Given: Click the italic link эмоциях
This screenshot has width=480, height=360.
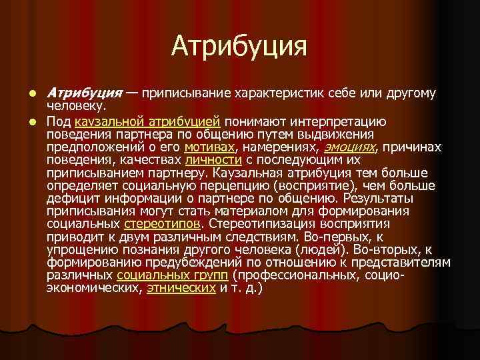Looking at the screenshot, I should click(349, 145).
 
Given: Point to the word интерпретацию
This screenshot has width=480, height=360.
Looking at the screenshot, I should click(336, 121).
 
